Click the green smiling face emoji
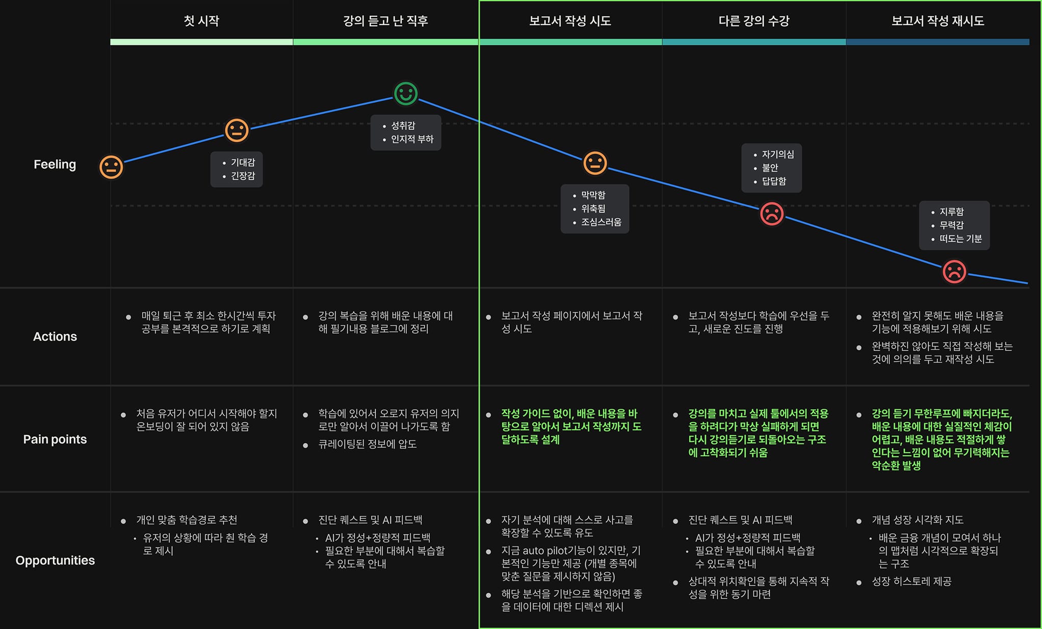coord(406,94)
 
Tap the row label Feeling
coord(55,164)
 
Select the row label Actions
coord(55,336)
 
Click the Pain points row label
coord(55,439)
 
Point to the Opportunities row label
coord(55,560)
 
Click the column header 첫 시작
coord(201,21)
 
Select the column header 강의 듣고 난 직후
coord(385,21)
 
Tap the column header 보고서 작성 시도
coord(570,21)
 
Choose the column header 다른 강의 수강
coord(753,21)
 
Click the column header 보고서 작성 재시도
coord(937,21)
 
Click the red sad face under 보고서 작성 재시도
coord(954,271)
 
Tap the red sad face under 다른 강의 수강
coord(772,214)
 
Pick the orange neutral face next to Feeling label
coord(111,167)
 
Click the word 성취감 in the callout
coord(403,125)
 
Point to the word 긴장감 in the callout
coord(243,176)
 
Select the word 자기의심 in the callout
coord(777,154)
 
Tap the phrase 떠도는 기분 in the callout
coord(960,239)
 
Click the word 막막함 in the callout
coord(593,195)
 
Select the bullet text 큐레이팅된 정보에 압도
coord(367,444)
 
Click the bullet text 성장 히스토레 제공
coord(911,581)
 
